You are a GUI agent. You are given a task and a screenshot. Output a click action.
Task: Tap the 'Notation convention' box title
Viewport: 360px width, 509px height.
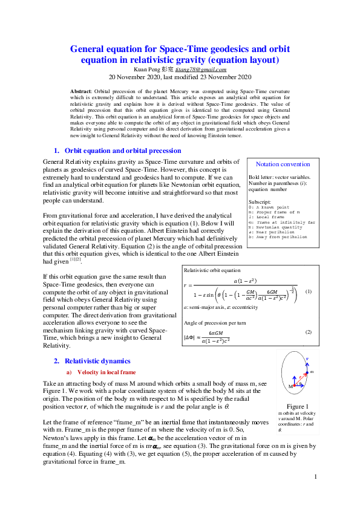pyautogui.click(x=283, y=164)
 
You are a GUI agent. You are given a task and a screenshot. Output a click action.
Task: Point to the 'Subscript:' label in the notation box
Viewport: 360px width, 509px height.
pyautogui.click(x=260, y=201)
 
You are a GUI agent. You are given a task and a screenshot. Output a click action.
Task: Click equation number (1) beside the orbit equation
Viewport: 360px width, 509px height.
pyautogui.click(x=308, y=291)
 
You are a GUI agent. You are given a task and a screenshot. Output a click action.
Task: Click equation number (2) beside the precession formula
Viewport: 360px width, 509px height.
pyautogui.click(x=308, y=332)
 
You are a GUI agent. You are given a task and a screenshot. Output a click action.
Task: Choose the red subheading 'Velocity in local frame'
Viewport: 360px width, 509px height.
pyautogui.click(x=106, y=372)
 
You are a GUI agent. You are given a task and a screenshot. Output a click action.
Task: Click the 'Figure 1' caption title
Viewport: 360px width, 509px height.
pyautogui.click(x=298, y=406)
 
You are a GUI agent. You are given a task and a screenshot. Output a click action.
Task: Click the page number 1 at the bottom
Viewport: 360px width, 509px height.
pyautogui.click(x=316, y=477)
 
